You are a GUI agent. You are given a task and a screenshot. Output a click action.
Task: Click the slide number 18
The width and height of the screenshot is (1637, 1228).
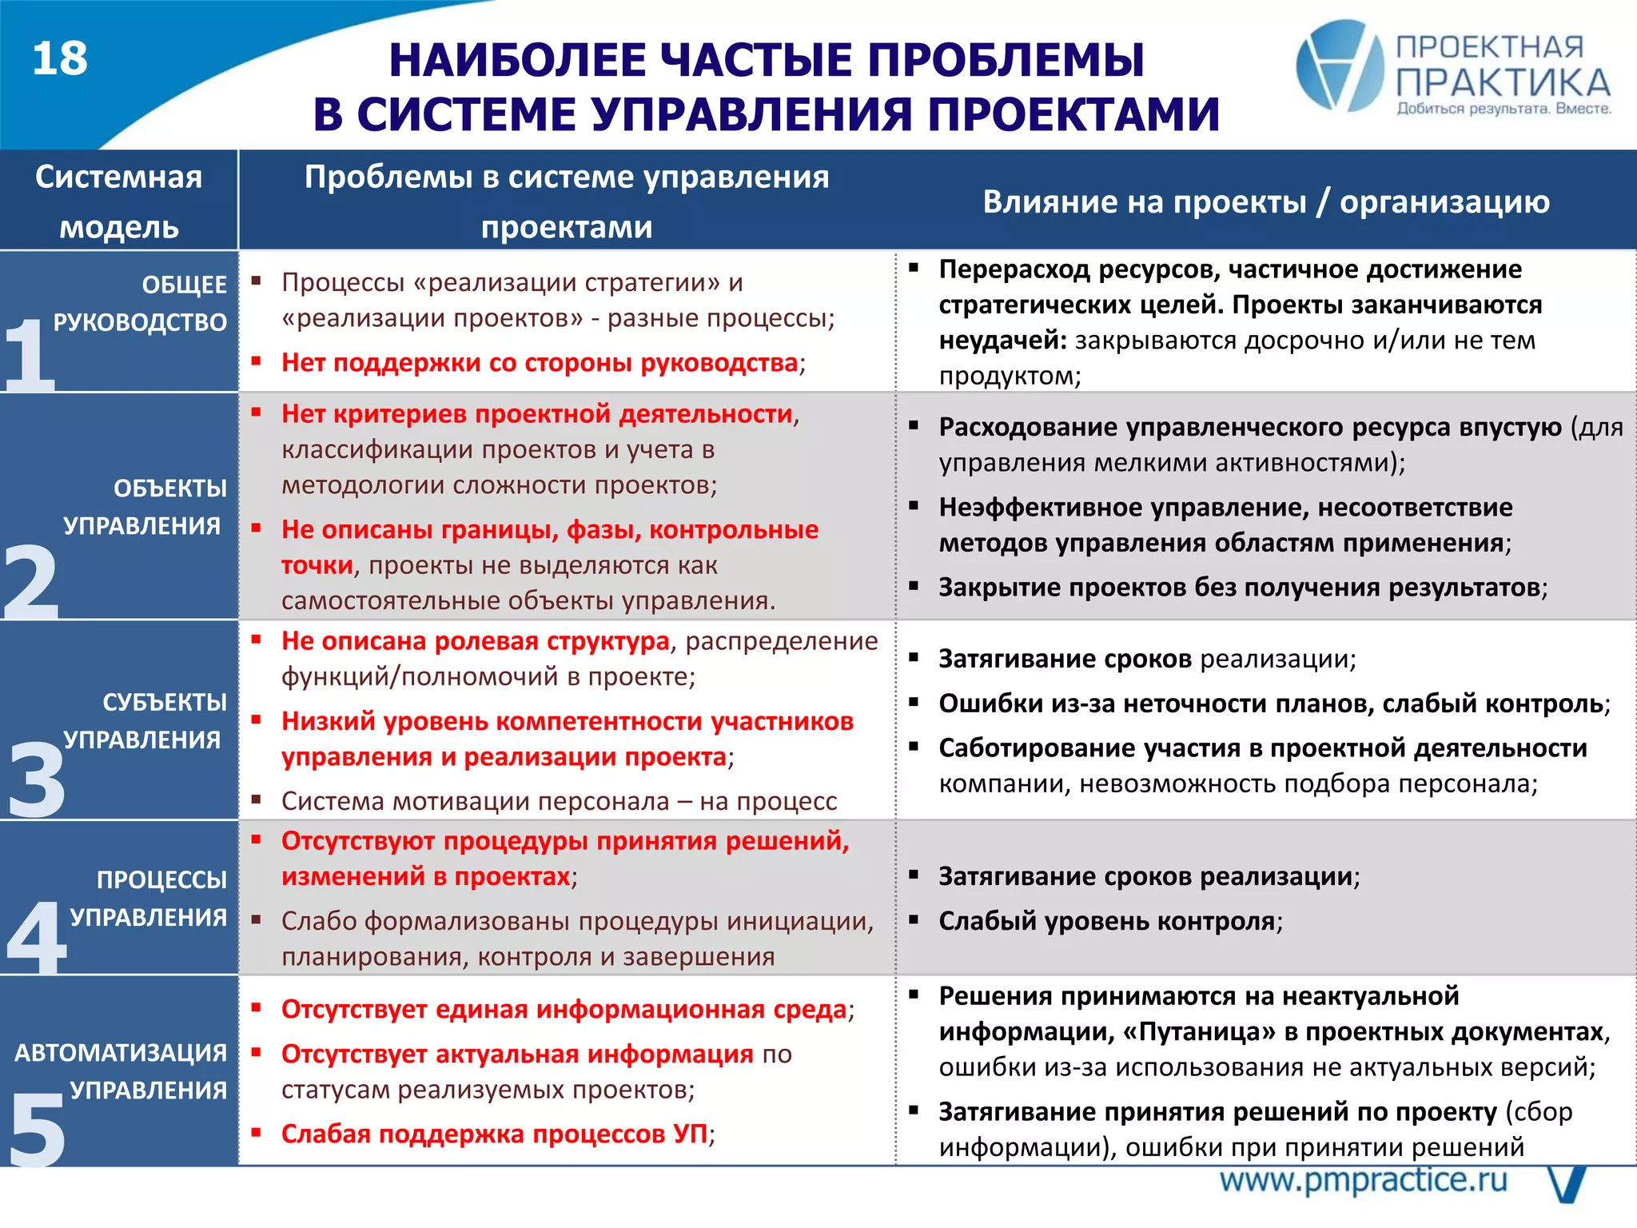pyautogui.click(x=60, y=59)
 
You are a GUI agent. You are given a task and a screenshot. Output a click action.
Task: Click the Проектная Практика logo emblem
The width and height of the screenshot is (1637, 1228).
pyautogui.click(x=1340, y=66)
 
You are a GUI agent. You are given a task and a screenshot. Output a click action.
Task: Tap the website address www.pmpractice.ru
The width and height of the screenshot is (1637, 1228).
pyautogui.click(x=1363, y=1181)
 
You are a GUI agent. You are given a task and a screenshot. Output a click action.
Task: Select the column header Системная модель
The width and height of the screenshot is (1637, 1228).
pyautogui.click(x=118, y=201)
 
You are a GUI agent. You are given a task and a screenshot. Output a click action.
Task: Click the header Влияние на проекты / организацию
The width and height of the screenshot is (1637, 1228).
pyautogui.click(x=1266, y=201)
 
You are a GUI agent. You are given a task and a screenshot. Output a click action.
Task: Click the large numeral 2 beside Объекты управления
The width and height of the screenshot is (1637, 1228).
pyautogui.click(x=30, y=582)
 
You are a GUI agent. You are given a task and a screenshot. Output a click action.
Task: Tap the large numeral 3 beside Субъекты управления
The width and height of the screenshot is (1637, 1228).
pyautogui.click(x=36, y=779)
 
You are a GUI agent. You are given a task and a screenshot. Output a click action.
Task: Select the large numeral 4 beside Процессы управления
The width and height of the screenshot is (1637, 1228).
pyautogui.click(x=36, y=935)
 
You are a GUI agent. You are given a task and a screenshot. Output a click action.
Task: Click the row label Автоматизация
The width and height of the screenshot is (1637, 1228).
pyautogui.click(x=121, y=1052)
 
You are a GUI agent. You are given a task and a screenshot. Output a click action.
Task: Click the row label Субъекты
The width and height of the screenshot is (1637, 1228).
pyautogui.click(x=165, y=702)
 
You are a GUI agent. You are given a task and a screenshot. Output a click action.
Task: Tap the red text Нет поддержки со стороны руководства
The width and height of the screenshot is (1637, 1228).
pyautogui.click(x=540, y=363)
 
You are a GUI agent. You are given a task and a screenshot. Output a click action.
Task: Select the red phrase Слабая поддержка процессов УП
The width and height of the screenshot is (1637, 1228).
pyautogui.click(x=494, y=1134)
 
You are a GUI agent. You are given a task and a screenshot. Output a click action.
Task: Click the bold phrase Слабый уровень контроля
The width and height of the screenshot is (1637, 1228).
pyautogui.click(x=1106, y=921)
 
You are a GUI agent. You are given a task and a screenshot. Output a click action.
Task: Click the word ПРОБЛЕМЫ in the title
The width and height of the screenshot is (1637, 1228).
pyautogui.click(x=1006, y=61)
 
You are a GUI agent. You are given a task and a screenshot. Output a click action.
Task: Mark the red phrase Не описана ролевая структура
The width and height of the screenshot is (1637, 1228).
pyautogui.click(x=475, y=641)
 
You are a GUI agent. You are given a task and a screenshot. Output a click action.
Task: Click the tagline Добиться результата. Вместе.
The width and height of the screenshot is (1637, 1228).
pyautogui.click(x=1504, y=109)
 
